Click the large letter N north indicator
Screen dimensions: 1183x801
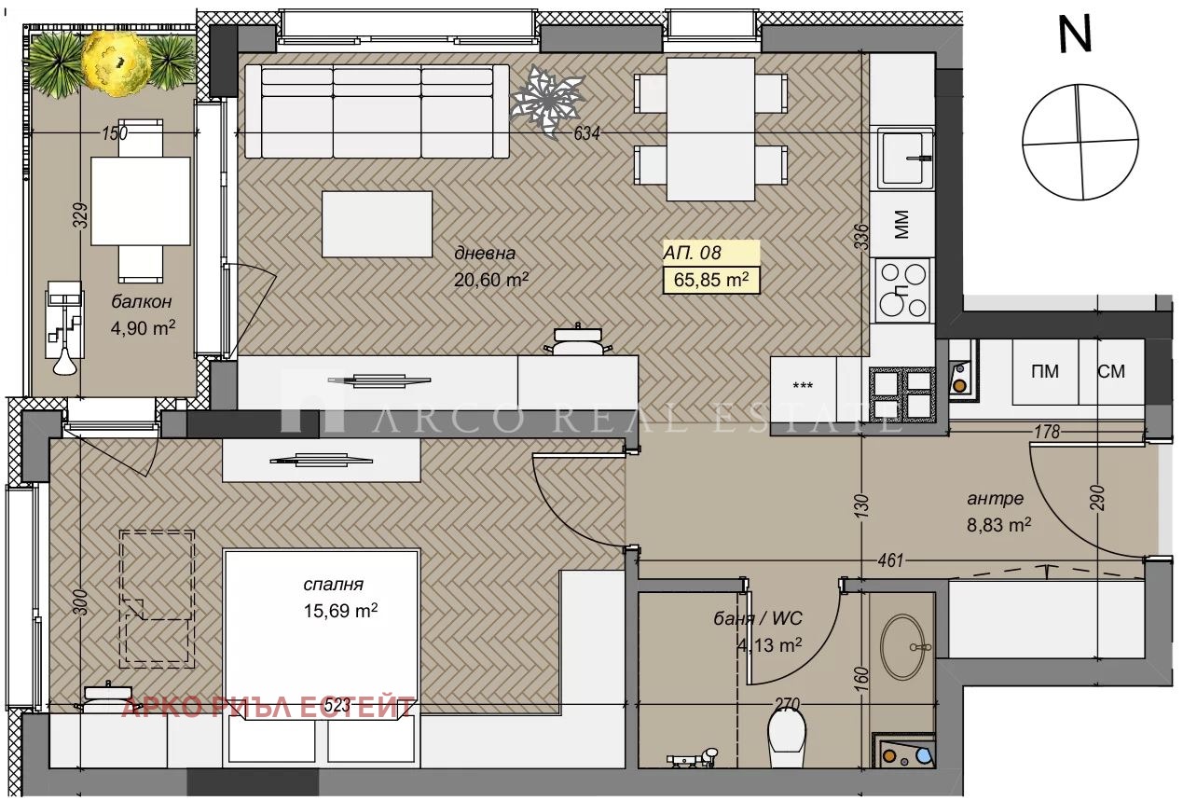(x=1075, y=34)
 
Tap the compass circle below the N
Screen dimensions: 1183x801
(x=1080, y=142)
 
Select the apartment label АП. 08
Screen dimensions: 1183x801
(x=692, y=253)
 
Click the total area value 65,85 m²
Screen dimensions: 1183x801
(x=711, y=280)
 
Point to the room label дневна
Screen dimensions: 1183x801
(x=485, y=253)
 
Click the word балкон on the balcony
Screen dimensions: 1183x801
(x=142, y=302)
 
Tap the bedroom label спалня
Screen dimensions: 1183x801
(x=333, y=585)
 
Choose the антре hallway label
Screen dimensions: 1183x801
(x=996, y=498)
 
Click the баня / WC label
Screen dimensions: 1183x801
(x=758, y=618)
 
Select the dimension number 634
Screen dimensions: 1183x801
(x=586, y=133)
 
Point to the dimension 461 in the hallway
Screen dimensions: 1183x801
(x=890, y=560)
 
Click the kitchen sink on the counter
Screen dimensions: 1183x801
(x=905, y=158)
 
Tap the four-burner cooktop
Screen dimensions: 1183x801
(x=902, y=290)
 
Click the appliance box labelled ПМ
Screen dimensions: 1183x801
(x=1045, y=371)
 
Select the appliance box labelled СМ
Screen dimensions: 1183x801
(x=1111, y=371)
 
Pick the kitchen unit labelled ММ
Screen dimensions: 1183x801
(x=901, y=224)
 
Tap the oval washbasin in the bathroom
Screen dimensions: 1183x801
(x=902, y=646)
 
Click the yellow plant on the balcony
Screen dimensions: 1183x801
(x=117, y=62)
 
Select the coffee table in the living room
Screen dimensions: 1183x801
(x=377, y=224)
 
